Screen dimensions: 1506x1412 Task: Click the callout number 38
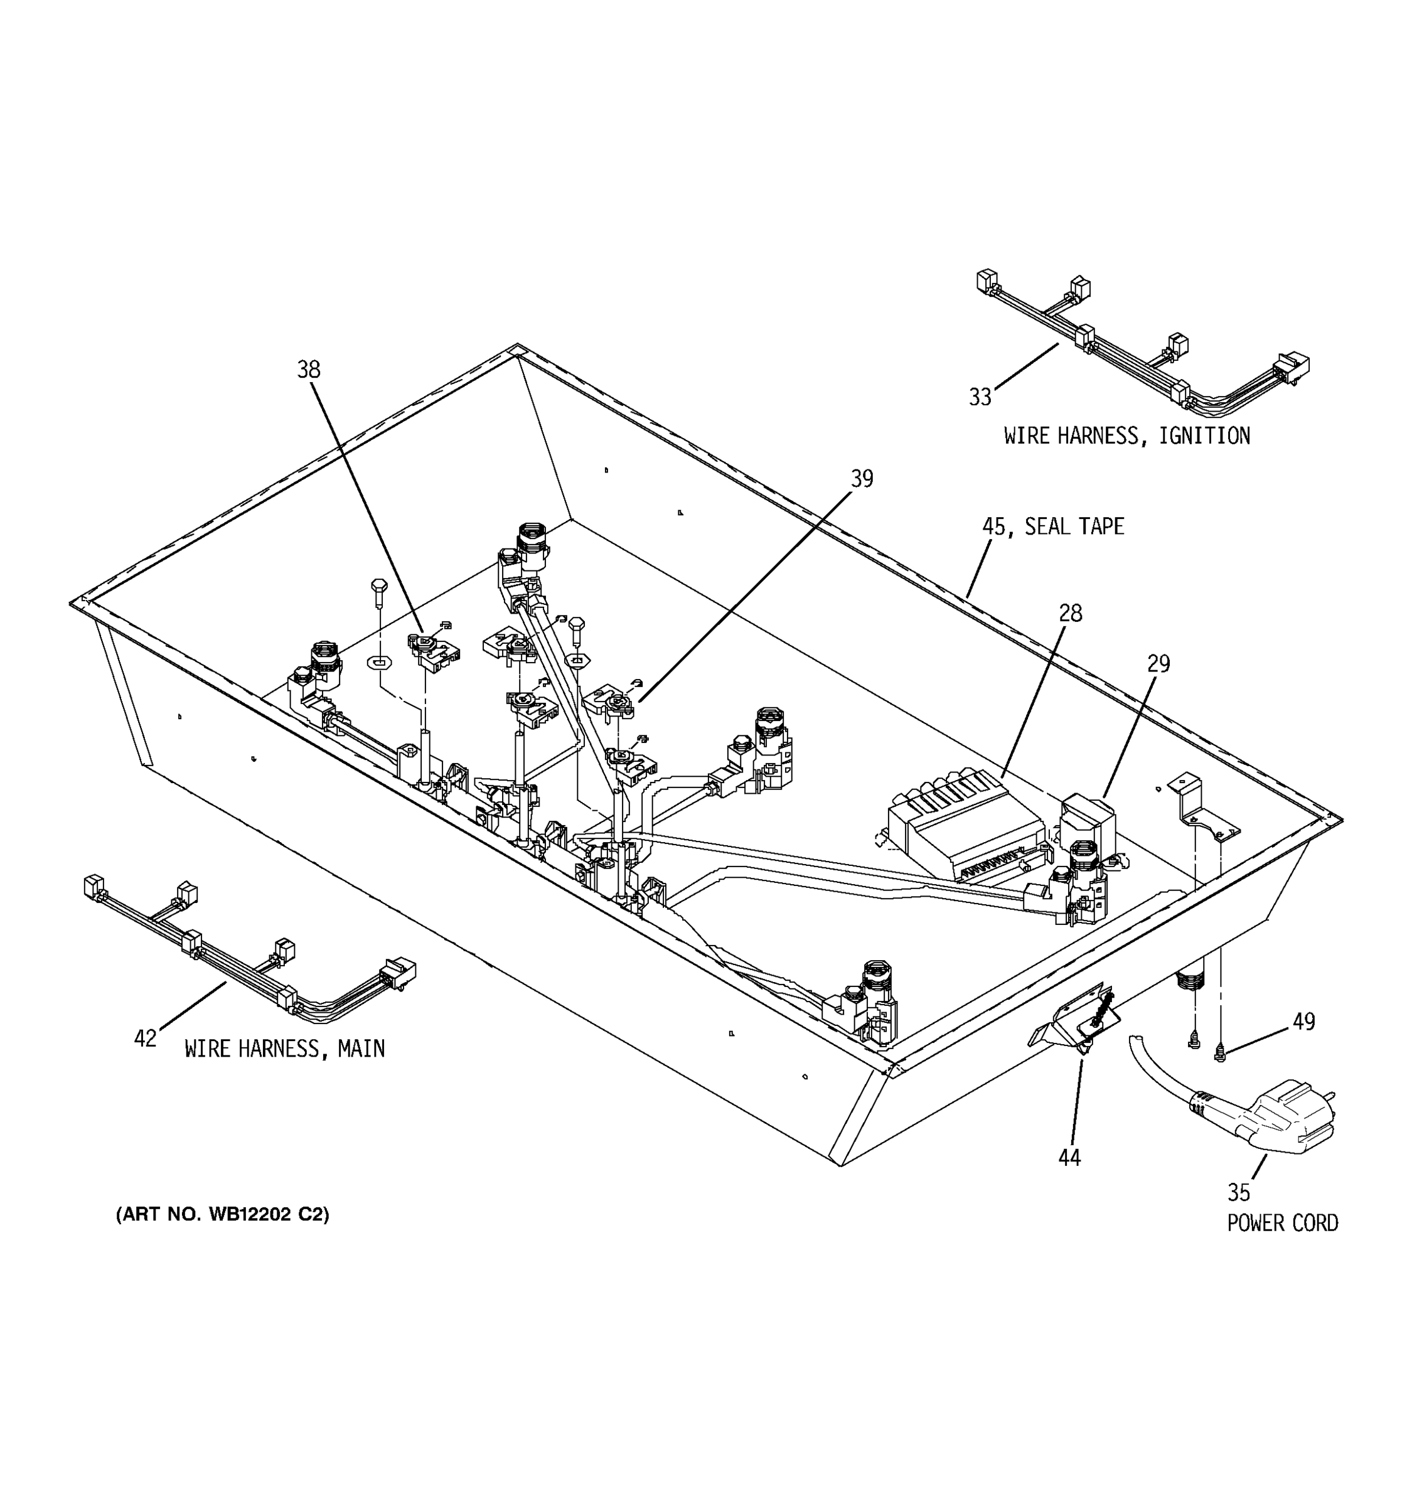pyautogui.click(x=308, y=370)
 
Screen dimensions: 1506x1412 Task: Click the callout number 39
pyautogui.click(x=861, y=479)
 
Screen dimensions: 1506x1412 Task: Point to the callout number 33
pyautogui.click(x=980, y=397)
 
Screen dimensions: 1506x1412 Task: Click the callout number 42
pyautogui.click(x=145, y=1039)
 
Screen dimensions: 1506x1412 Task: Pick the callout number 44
pyautogui.click(x=1069, y=1158)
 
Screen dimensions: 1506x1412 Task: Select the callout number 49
pyautogui.click(x=1303, y=1022)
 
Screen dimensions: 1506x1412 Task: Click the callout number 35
pyautogui.click(x=1239, y=1193)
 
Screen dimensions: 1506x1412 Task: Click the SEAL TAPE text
pyautogui.click(x=1074, y=526)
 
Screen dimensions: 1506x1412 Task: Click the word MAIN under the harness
pyautogui.click(x=361, y=1049)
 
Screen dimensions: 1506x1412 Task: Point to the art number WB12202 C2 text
pyautogui.click(x=223, y=1215)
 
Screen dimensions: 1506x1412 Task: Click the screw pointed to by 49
pyautogui.click(x=1219, y=1052)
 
